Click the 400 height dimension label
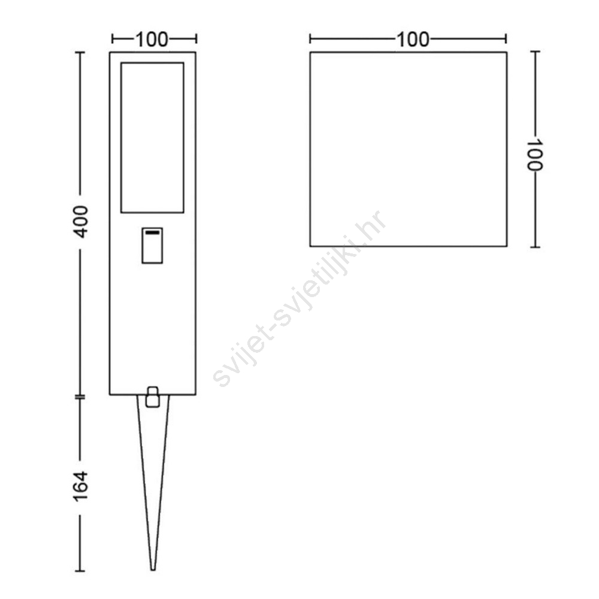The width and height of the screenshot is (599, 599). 81,222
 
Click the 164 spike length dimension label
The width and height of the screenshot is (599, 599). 81,486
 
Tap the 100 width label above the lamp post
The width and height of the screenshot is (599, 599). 152,40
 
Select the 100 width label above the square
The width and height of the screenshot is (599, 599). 413,40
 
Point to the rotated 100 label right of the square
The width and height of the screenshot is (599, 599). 535,155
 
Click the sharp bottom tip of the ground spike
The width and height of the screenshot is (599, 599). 153,570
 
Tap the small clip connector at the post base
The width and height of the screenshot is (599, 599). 152,397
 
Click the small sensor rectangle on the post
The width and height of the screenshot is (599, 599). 152,246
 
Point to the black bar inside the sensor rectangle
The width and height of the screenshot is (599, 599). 152,232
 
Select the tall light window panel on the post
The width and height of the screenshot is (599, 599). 152,138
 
